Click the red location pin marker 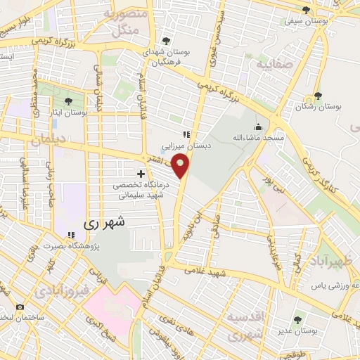coord(181,166)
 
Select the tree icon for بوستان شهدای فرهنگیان coord(165,41)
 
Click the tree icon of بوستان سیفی coord(306,10)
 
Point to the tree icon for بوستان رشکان coord(318,96)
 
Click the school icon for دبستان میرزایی coord(186,135)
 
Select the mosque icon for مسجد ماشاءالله coord(258,128)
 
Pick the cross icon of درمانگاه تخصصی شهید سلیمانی coord(141,173)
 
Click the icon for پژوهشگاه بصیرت coord(70,236)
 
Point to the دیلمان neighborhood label coord(48,141)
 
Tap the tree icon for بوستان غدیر coord(295,319)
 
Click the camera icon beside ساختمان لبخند coord(19,307)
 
